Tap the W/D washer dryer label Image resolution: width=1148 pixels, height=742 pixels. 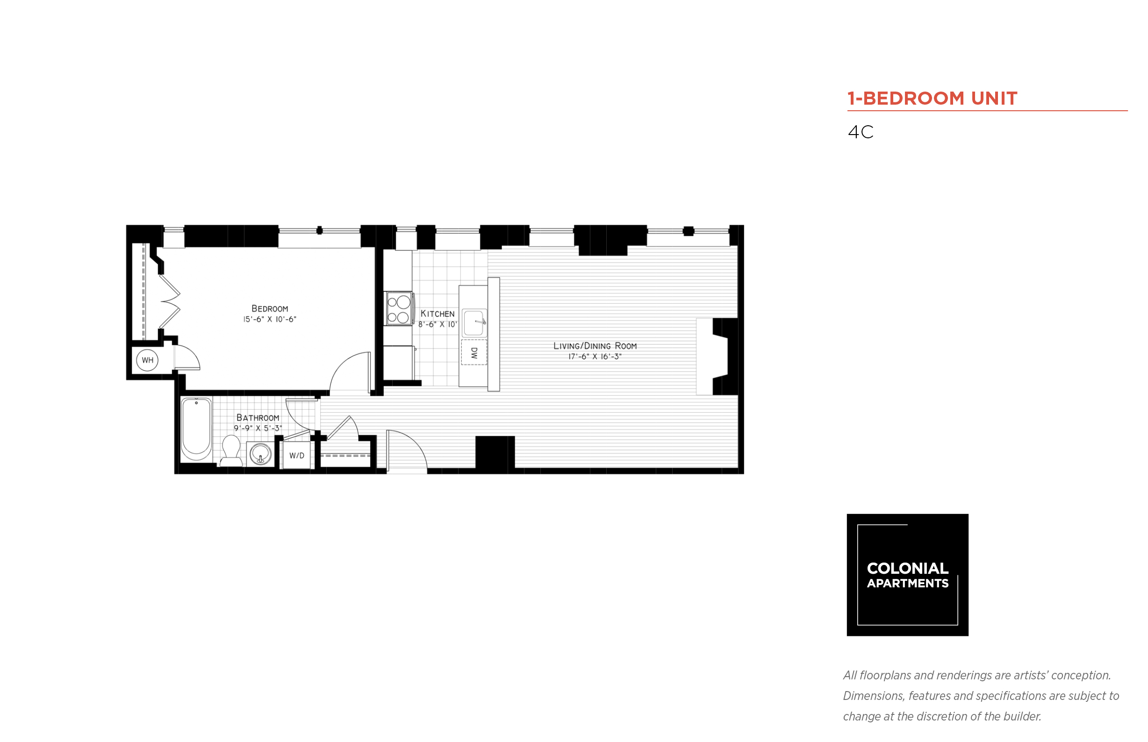pos(296,456)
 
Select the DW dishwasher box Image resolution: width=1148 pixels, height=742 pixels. pos(474,352)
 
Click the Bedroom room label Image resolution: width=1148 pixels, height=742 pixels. pos(269,308)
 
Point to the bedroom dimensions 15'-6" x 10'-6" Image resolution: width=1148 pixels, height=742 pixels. pos(269,320)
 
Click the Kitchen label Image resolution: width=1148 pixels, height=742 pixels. pos(437,314)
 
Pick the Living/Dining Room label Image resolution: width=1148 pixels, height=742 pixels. pos(595,346)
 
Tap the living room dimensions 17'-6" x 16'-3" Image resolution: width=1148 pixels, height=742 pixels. pos(595,357)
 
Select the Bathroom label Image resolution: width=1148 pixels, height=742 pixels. pos(258,418)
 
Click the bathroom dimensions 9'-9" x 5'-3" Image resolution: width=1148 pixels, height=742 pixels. pos(258,428)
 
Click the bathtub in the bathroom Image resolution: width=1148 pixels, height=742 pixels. pos(196,429)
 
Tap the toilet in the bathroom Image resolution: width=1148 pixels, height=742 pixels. pos(231,451)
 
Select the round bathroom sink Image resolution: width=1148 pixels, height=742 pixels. pos(260,454)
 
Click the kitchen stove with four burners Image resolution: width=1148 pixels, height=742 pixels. pos(399,308)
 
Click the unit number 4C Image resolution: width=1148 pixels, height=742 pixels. pos(860,132)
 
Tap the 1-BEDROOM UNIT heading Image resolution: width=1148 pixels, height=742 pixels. pos(932,98)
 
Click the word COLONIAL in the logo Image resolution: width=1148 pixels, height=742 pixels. pos(907,569)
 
